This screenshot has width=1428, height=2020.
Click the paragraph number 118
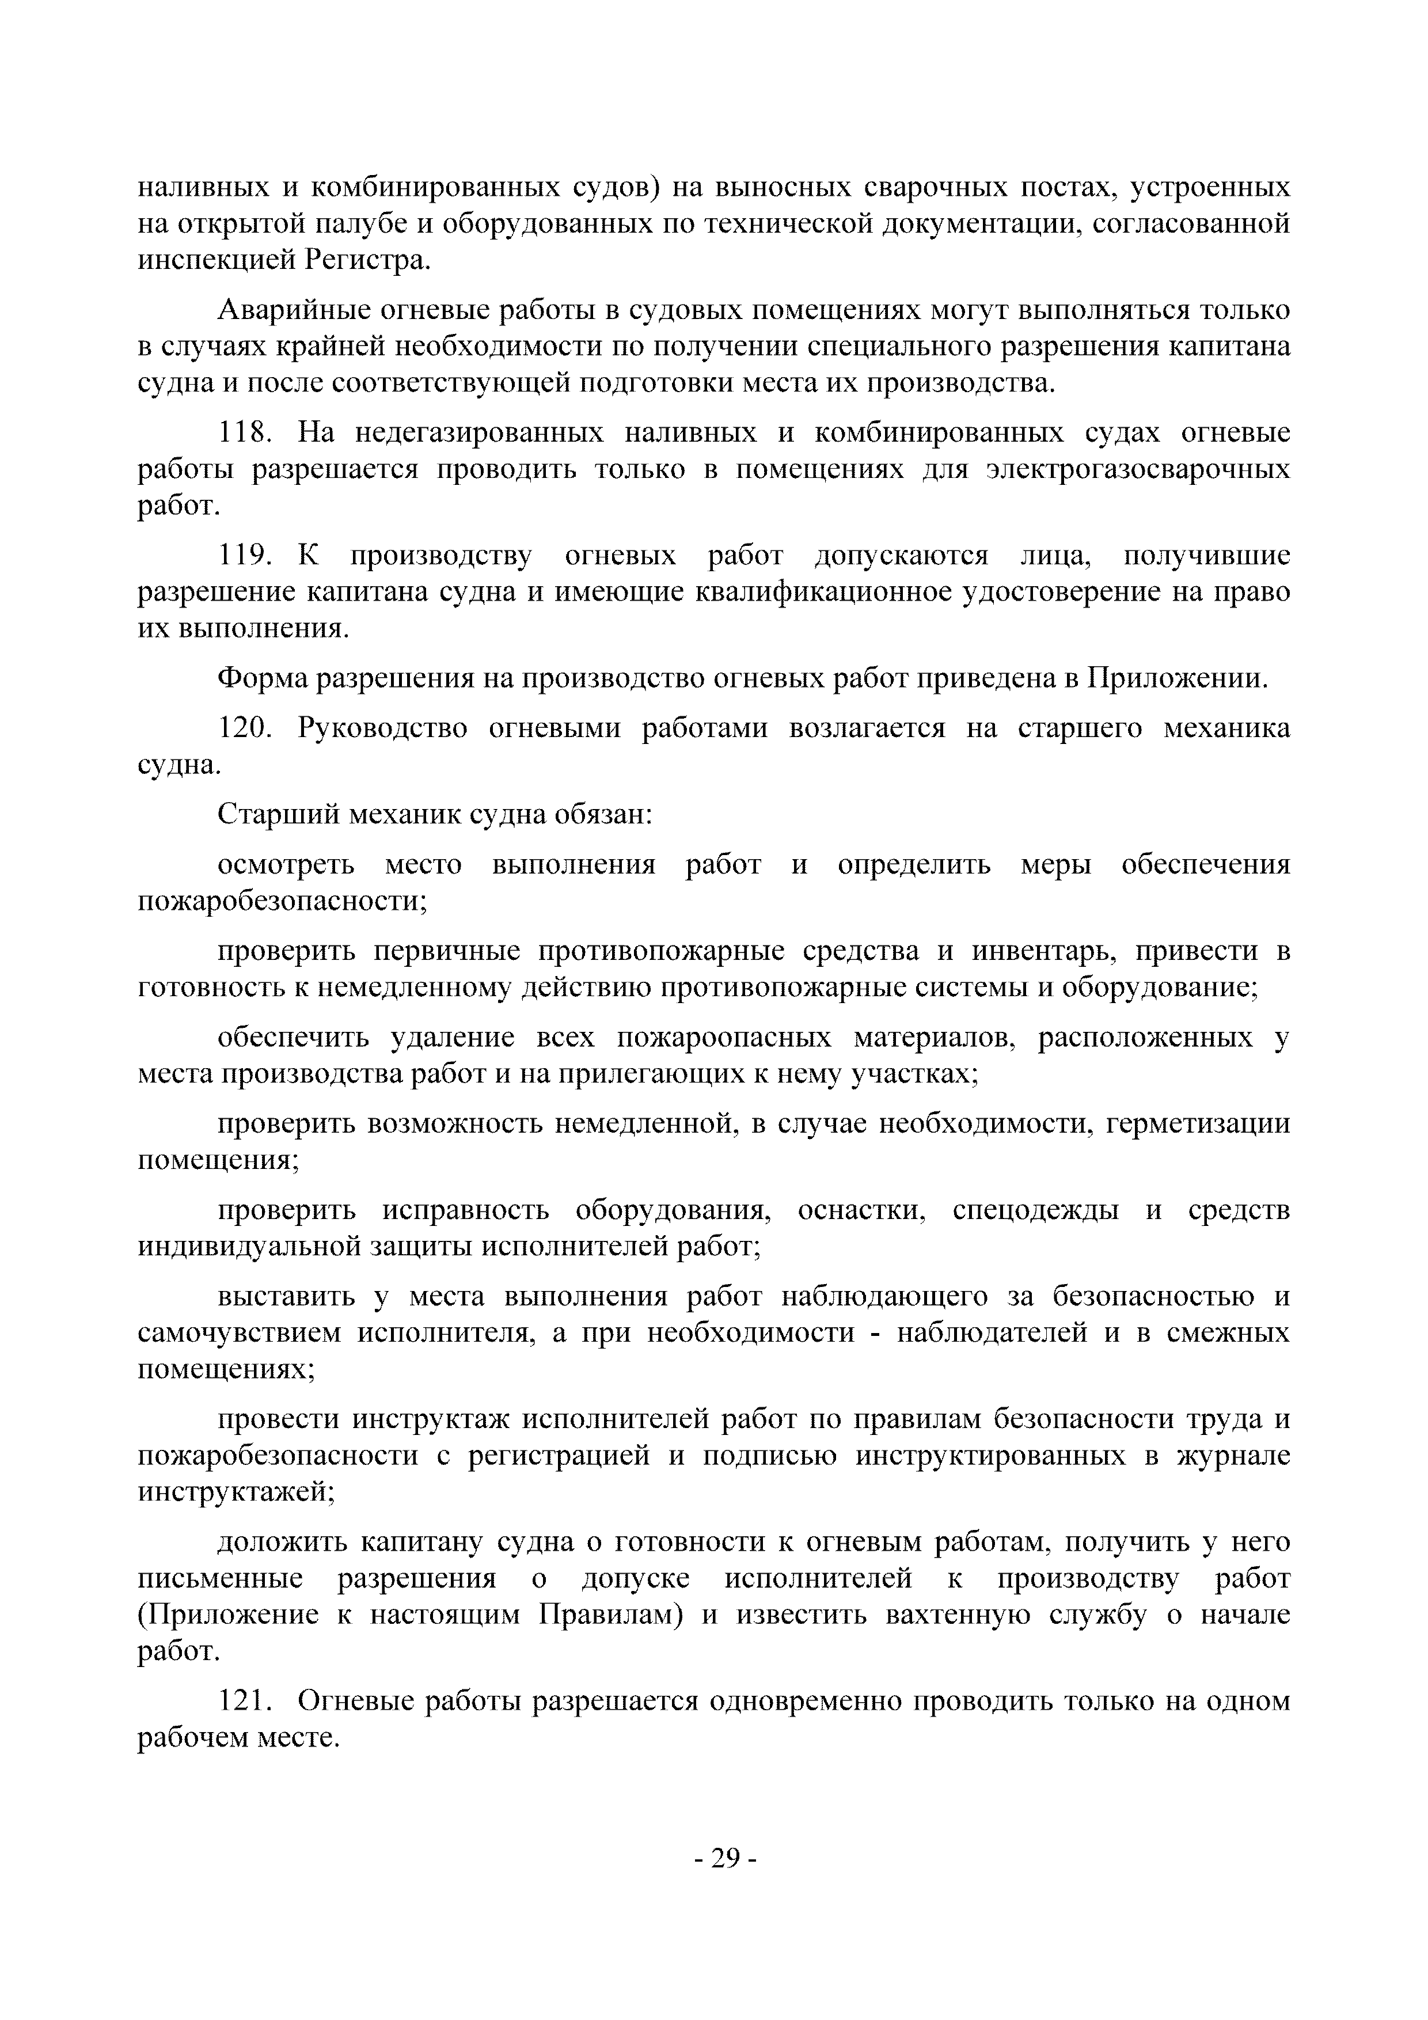[x=245, y=433]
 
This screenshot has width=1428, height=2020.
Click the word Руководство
[x=383, y=728]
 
